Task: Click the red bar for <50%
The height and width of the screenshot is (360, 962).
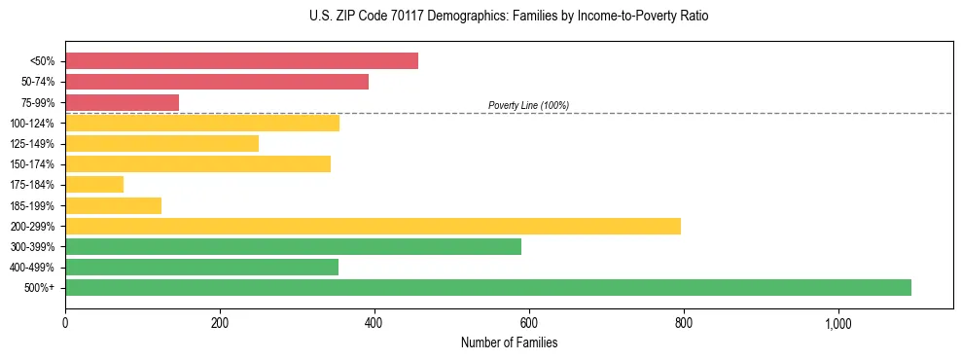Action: (241, 61)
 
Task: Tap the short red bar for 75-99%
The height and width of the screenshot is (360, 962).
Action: (122, 102)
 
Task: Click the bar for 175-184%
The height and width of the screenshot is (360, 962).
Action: (94, 184)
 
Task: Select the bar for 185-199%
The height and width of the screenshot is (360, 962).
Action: (113, 205)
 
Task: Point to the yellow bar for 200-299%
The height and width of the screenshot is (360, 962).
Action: (373, 226)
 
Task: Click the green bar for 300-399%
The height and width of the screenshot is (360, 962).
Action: (293, 246)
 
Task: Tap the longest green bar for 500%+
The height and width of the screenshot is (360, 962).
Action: (487, 287)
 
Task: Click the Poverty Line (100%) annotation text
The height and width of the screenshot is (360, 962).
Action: (528, 105)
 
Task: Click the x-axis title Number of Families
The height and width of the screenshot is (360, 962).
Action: (509, 343)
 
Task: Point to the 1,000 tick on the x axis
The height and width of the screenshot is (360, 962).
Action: (837, 324)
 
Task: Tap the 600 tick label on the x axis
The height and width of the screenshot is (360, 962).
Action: (529, 324)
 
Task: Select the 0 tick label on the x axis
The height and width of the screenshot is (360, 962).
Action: (65, 324)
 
